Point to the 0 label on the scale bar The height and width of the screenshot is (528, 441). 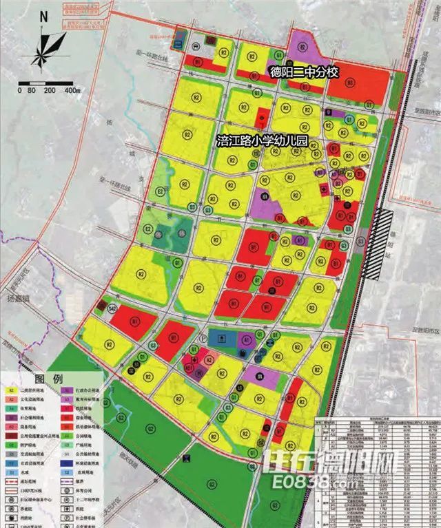click(21, 90)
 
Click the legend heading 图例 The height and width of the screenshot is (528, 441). click(52, 379)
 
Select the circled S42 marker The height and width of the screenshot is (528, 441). click(112, 310)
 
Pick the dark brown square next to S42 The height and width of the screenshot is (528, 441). click(102, 305)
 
